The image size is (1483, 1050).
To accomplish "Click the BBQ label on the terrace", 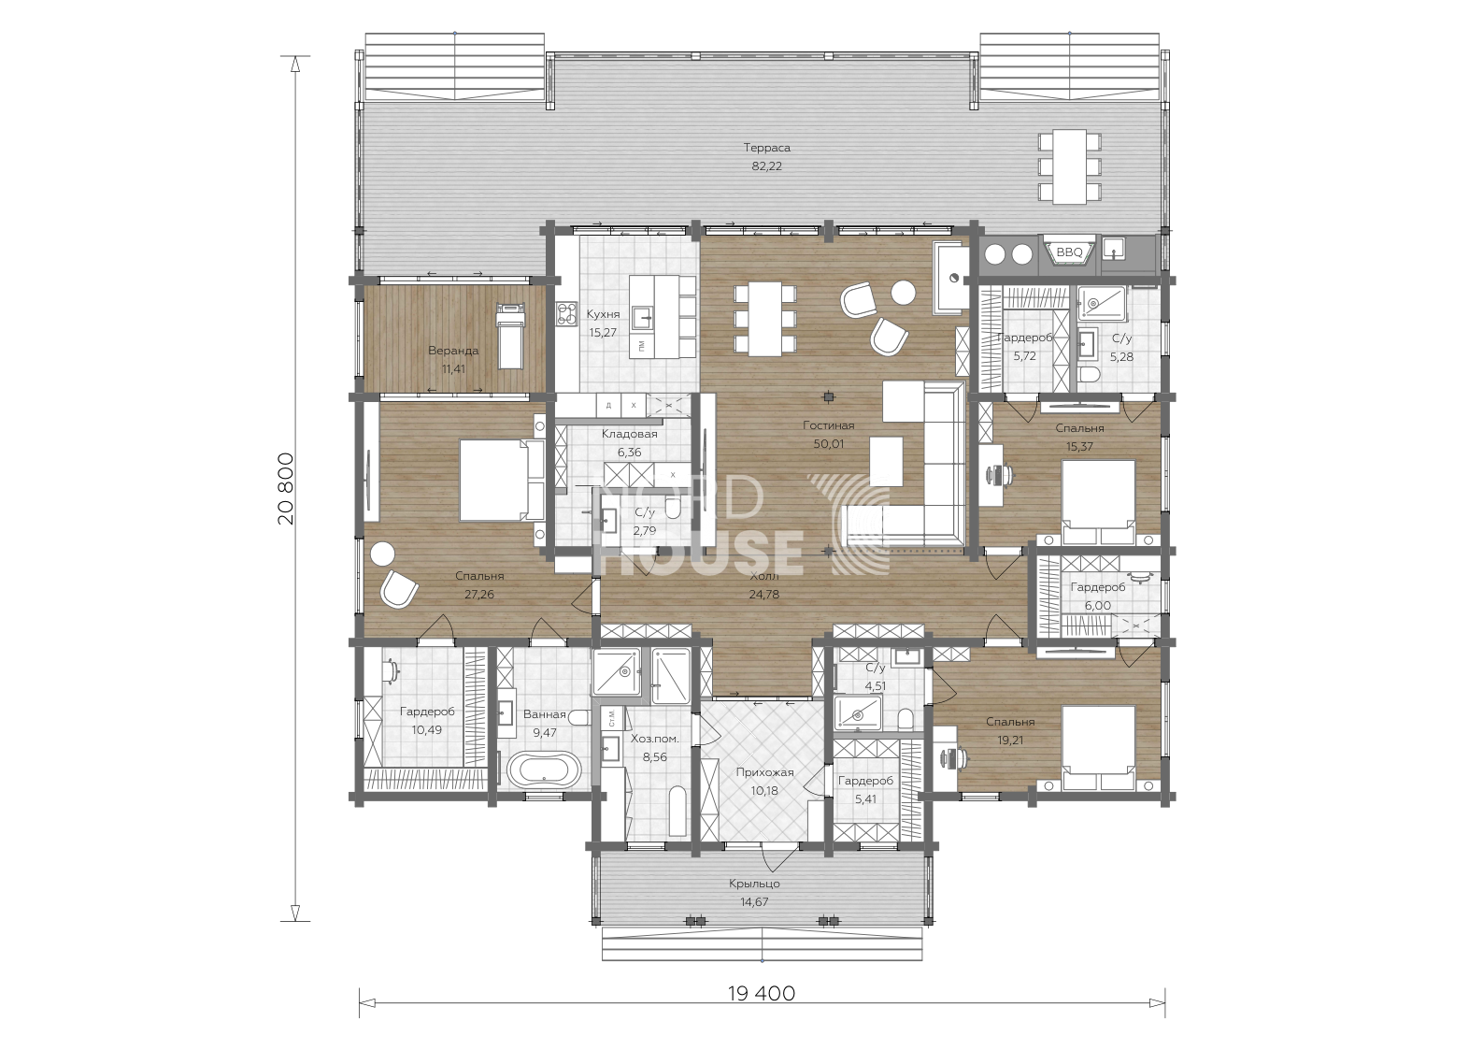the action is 1069,252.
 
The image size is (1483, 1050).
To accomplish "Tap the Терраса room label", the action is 766,148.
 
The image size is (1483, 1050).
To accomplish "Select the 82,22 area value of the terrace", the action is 766,166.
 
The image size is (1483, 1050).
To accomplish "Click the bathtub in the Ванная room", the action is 544,770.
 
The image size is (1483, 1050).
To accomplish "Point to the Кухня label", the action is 603,314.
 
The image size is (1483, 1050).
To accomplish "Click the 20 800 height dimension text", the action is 286,489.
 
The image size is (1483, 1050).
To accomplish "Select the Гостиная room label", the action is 829,425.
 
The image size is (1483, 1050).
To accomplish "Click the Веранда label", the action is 453,351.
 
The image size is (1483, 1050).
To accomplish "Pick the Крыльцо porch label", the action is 755,884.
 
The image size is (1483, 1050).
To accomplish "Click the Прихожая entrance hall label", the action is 764,772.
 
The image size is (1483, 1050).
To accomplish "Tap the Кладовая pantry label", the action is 630,434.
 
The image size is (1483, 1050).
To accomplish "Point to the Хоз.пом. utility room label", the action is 655,739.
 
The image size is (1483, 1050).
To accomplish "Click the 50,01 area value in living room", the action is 829,444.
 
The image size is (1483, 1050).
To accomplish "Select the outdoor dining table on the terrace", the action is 1070,167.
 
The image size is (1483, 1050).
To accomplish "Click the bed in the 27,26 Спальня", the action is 502,481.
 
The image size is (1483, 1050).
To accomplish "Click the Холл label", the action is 764,576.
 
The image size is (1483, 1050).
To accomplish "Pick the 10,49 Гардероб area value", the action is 427,730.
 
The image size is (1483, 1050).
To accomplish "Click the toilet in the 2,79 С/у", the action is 673,509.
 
